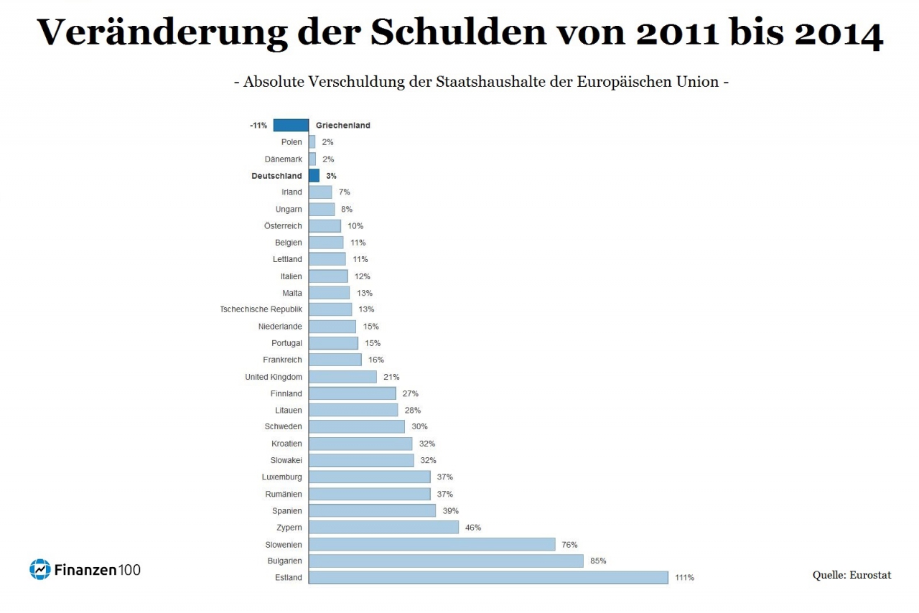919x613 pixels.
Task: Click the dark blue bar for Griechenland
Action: coord(291,125)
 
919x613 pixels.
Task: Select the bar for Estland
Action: coord(488,577)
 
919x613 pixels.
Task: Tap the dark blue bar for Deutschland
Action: coord(314,175)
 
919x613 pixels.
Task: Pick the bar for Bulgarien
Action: coord(446,561)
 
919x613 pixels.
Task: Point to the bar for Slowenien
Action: coord(431,544)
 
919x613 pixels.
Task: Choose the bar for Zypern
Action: coord(383,528)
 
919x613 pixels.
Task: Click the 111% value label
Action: coord(684,578)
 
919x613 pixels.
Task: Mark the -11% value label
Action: coord(258,126)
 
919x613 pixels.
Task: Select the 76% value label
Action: coord(569,545)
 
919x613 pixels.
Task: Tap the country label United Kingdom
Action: coord(274,377)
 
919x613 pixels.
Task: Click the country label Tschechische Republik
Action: coord(261,309)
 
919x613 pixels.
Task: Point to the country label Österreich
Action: coord(283,226)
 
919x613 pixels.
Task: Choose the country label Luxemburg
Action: coord(282,477)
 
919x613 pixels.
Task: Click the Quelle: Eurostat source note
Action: coord(852,574)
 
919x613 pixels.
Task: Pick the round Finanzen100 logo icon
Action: coord(39,569)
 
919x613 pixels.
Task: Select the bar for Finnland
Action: coord(352,393)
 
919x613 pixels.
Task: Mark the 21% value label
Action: coord(391,377)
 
